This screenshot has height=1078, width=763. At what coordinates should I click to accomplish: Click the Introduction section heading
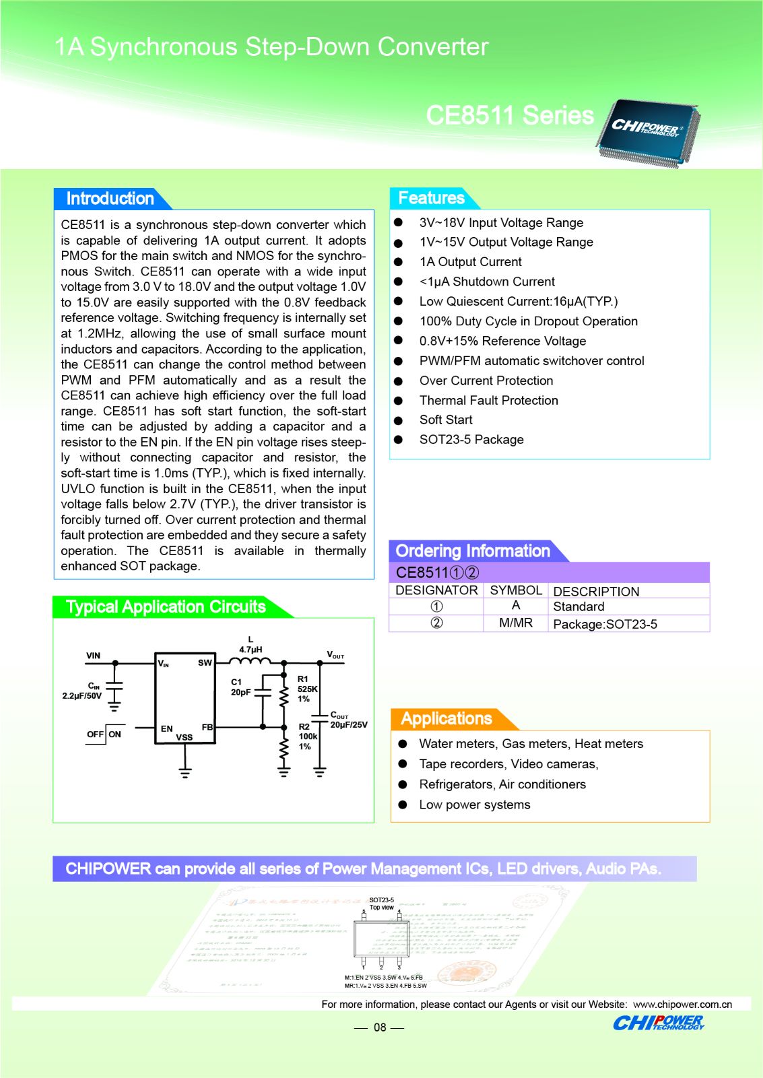pyautogui.click(x=110, y=199)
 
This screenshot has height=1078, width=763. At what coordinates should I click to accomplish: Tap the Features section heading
pyautogui.click(x=431, y=198)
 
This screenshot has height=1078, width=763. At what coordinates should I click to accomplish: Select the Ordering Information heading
pyautogui.click(x=473, y=551)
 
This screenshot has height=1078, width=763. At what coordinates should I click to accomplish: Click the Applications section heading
pyautogui.click(x=446, y=719)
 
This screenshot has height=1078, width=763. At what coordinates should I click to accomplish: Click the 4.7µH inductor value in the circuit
pyautogui.click(x=251, y=649)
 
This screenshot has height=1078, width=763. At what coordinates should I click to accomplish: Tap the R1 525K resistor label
pyautogui.click(x=307, y=689)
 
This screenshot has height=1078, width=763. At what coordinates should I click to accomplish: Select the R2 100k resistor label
pyautogui.click(x=308, y=736)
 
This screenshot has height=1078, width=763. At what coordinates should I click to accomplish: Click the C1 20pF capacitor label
pyautogui.click(x=240, y=687)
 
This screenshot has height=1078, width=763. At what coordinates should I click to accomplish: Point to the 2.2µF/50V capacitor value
pyautogui.click(x=81, y=696)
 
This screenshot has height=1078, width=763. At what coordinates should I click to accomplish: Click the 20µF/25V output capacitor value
pyautogui.click(x=349, y=725)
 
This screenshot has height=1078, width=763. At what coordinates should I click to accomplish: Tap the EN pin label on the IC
pyautogui.click(x=166, y=728)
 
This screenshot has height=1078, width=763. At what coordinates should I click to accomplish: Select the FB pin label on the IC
pyautogui.click(x=207, y=728)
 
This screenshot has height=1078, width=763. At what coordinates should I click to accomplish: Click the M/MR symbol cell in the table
pyautogui.click(x=515, y=623)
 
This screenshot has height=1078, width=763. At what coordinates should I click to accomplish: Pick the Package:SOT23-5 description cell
pyautogui.click(x=605, y=625)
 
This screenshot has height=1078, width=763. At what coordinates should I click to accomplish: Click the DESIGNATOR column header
pyautogui.click(x=436, y=590)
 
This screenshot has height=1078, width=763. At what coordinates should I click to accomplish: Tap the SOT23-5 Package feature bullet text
pyautogui.click(x=471, y=440)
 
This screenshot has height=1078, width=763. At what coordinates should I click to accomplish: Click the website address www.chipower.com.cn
pyautogui.click(x=682, y=1005)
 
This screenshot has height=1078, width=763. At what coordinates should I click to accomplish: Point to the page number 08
pyautogui.click(x=380, y=1027)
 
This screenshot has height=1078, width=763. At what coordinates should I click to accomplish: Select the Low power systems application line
pyautogui.click(x=474, y=805)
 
